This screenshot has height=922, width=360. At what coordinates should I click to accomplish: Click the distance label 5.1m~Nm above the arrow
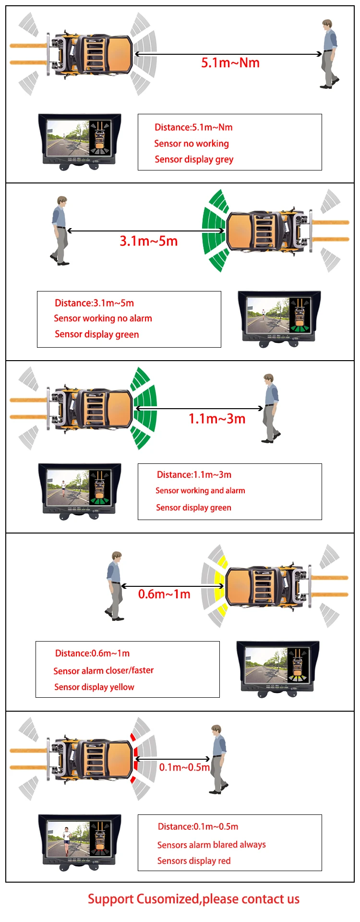[x=230, y=63]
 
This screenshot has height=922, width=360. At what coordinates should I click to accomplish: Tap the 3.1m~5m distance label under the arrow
[x=149, y=241]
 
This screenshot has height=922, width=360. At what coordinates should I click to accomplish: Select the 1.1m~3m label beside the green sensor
[x=217, y=419]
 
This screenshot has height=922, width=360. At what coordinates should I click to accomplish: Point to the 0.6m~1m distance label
[x=164, y=594]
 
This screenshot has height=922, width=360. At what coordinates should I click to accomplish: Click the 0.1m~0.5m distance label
[x=184, y=767]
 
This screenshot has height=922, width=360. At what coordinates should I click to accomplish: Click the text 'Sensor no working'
[x=192, y=144]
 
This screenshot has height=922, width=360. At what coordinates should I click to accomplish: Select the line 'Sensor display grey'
[x=194, y=159]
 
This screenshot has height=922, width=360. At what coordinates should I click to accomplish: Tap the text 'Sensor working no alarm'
[x=103, y=318]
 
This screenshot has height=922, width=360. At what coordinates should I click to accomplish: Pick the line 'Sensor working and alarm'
[x=200, y=491]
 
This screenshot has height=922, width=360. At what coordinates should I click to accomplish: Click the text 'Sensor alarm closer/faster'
[x=104, y=670]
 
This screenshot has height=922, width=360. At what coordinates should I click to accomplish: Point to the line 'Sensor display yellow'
[x=94, y=687]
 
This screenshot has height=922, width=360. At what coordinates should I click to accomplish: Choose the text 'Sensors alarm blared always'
[x=211, y=845]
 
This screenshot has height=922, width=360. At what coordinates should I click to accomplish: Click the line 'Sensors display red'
[x=194, y=861]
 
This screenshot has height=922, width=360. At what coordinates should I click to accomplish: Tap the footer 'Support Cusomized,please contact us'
[x=193, y=899]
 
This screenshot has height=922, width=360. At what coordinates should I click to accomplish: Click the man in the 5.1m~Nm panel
[x=329, y=54]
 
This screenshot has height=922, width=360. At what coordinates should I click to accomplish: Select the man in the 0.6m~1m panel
[x=114, y=586]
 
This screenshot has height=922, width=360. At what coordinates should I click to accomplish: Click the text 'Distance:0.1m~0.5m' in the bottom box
[x=198, y=827]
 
